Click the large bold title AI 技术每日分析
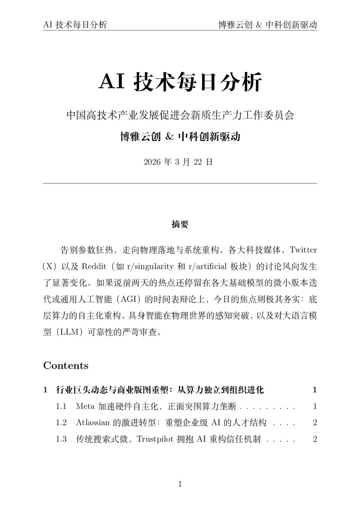click(180, 82)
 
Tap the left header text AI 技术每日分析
click(75, 25)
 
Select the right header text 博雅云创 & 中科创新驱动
click(268, 25)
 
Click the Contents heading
click(66, 365)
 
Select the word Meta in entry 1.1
click(85, 406)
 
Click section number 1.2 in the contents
click(61, 423)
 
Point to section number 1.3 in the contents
click(61, 439)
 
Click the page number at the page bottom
click(180, 484)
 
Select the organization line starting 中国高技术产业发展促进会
click(180, 115)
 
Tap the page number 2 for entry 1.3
click(315, 439)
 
